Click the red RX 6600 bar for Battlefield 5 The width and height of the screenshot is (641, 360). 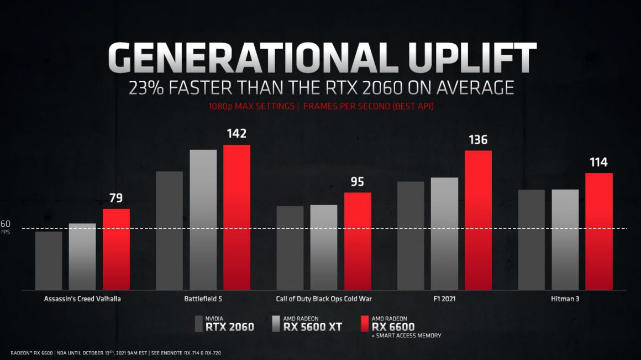237,217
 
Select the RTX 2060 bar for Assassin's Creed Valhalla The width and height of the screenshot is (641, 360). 49,260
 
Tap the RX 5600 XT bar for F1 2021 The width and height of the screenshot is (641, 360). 444,233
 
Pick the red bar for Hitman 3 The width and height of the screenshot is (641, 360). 599,231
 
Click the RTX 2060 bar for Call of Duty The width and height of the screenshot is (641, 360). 290,247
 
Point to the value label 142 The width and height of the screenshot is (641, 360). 237,134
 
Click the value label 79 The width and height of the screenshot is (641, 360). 116,198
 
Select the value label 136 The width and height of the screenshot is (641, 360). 478,140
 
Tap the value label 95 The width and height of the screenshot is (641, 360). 358,181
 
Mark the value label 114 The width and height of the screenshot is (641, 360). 598,163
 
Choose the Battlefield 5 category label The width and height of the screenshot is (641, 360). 203,299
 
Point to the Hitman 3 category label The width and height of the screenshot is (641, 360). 565,299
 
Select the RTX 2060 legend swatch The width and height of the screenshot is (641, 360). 199,324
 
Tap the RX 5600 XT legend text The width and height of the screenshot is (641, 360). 312,326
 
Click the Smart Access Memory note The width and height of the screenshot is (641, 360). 406,336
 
